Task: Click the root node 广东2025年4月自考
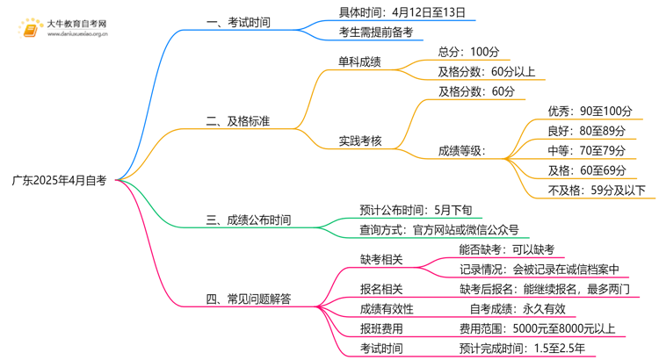click(59, 181)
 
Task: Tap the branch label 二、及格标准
click(239, 121)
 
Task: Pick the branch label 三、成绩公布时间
click(250, 220)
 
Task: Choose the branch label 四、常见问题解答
click(250, 299)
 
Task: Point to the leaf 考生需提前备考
click(376, 32)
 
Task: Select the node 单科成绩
click(360, 62)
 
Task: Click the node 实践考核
click(360, 140)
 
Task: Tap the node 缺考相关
click(381, 259)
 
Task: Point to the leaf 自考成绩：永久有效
click(511, 308)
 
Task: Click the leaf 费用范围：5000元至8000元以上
click(537, 328)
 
